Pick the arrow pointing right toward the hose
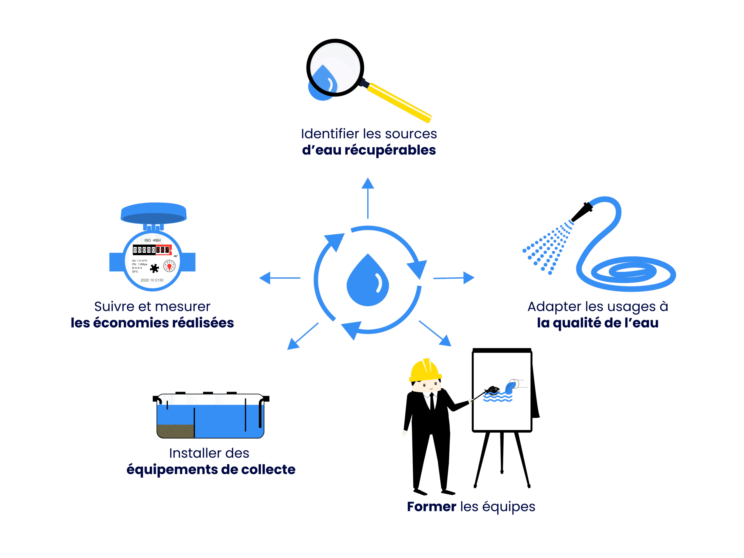[x=454, y=278]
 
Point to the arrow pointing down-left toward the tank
[x=302, y=336]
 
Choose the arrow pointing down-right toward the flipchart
[x=436, y=334]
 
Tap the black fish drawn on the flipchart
[x=492, y=390]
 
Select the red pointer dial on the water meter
[x=169, y=267]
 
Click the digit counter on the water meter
[x=152, y=250]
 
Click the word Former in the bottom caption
[x=431, y=507]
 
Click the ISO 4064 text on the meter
[x=152, y=240]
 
